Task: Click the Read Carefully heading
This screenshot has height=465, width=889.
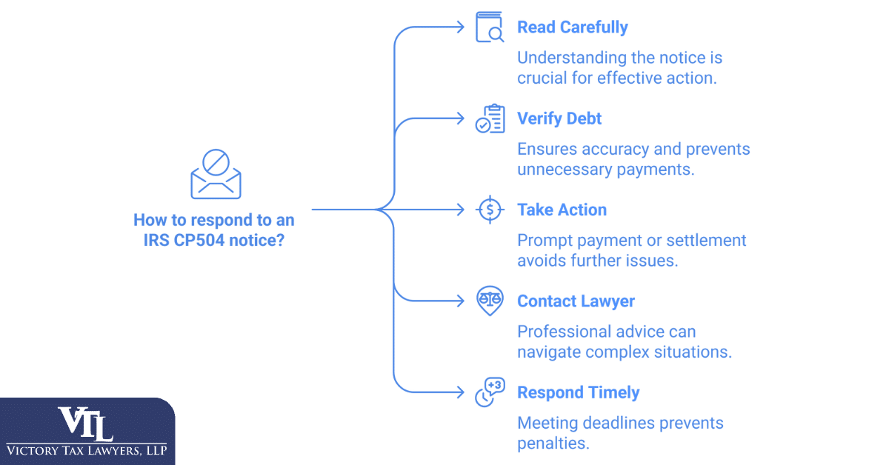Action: click(573, 28)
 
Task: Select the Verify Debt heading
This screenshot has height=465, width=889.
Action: click(559, 118)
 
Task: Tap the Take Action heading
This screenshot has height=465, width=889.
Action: click(562, 210)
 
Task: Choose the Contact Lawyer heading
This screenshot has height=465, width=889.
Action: click(576, 301)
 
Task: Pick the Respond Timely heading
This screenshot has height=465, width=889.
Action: click(578, 392)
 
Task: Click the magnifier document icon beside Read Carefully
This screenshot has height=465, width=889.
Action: click(489, 28)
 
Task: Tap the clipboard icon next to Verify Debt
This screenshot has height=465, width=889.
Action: click(489, 118)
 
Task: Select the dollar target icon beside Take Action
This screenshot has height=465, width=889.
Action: click(489, 210)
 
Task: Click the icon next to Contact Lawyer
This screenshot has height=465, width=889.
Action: click(489, 301)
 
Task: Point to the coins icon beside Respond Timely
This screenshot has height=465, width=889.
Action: click(489, 392)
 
